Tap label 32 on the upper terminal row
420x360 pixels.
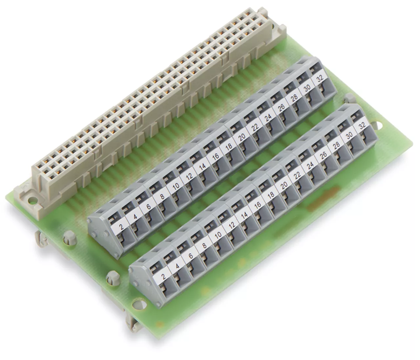(320, 79)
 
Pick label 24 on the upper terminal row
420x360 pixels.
(268, 118)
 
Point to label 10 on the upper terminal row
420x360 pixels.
(176, 186)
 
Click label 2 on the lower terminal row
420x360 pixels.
(163, 277)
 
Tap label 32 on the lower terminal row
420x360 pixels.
(362, 126)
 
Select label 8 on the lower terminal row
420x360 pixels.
(204, 245)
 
